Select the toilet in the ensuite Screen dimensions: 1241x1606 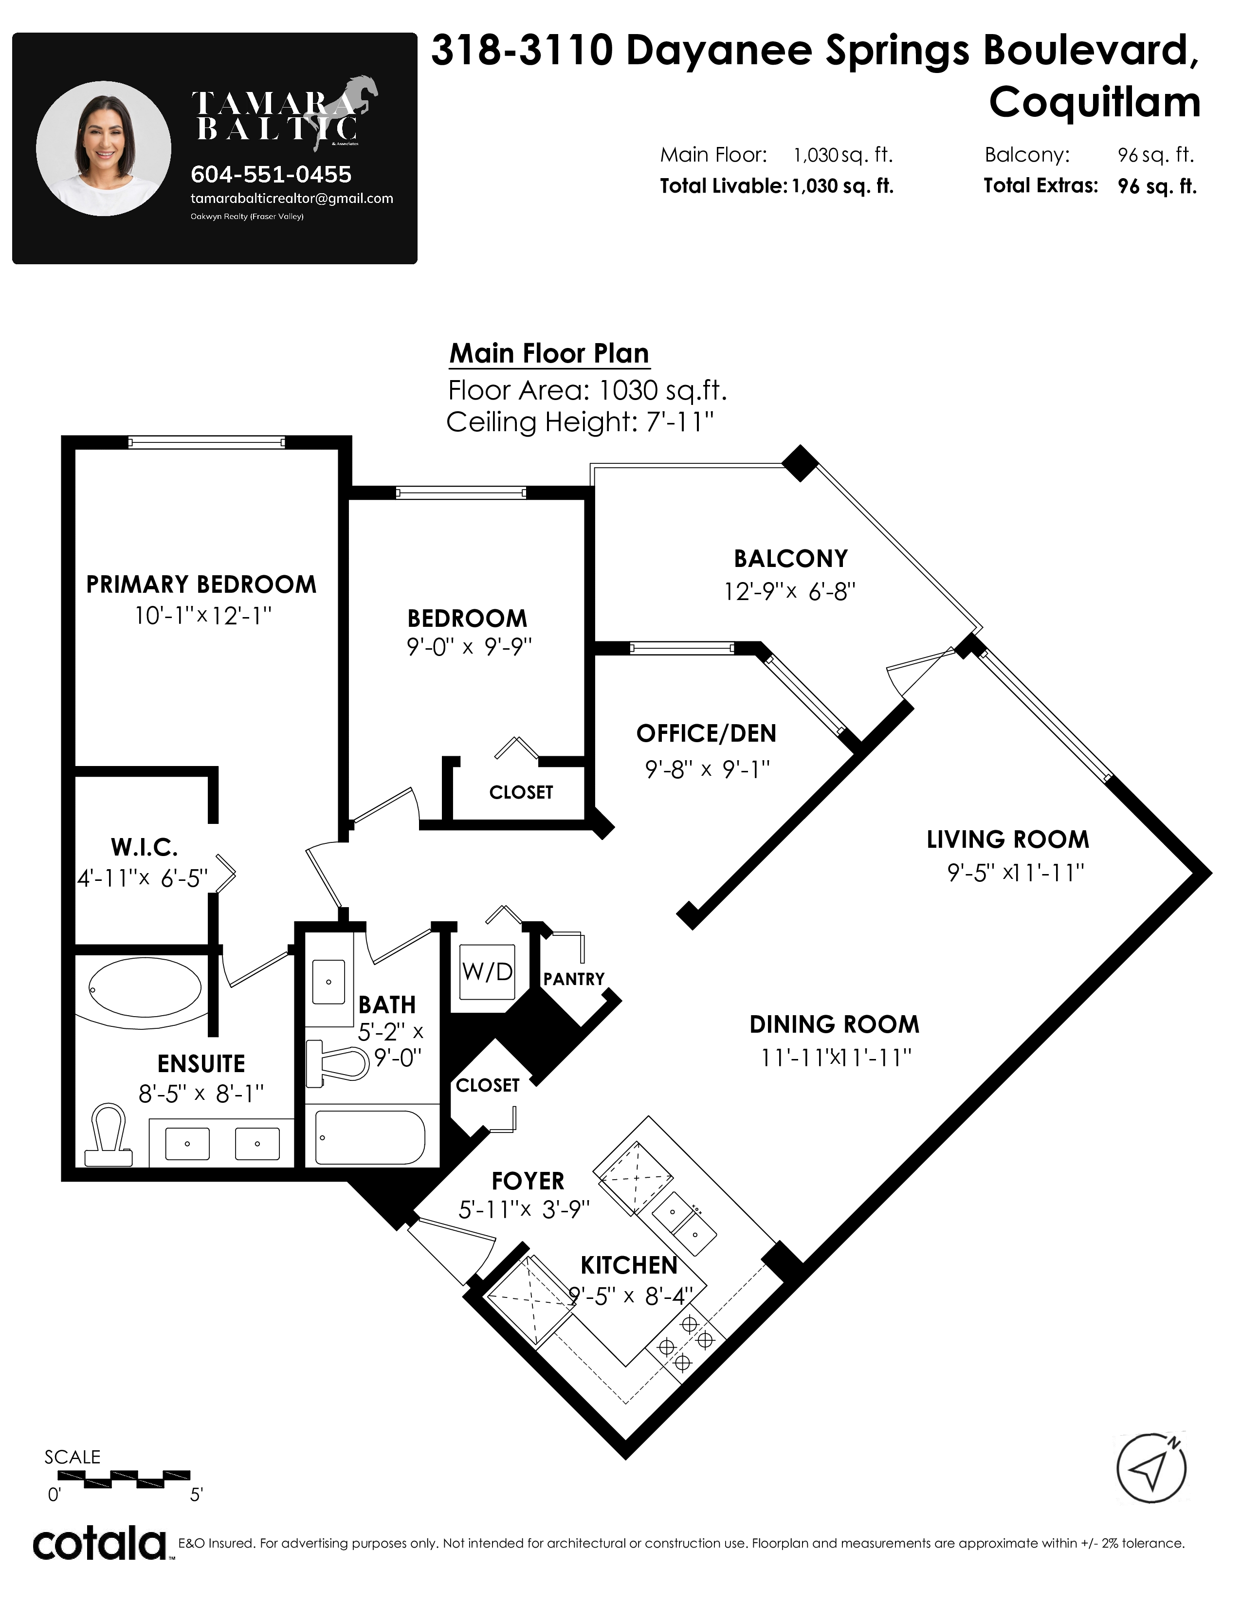tap(108, 1135)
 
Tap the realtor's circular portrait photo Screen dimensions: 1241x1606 tap(104, 148)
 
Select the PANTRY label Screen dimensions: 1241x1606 tap(573, 979)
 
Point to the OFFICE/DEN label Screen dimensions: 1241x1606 tap(706, 733)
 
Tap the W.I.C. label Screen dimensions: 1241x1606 tap(144, 847)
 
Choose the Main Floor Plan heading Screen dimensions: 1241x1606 tap(549, 353)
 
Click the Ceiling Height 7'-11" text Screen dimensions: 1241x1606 tap(580, 422)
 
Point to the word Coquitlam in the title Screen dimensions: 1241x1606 tap(1095, 102)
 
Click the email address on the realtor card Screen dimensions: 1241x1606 tap(292, 199)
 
